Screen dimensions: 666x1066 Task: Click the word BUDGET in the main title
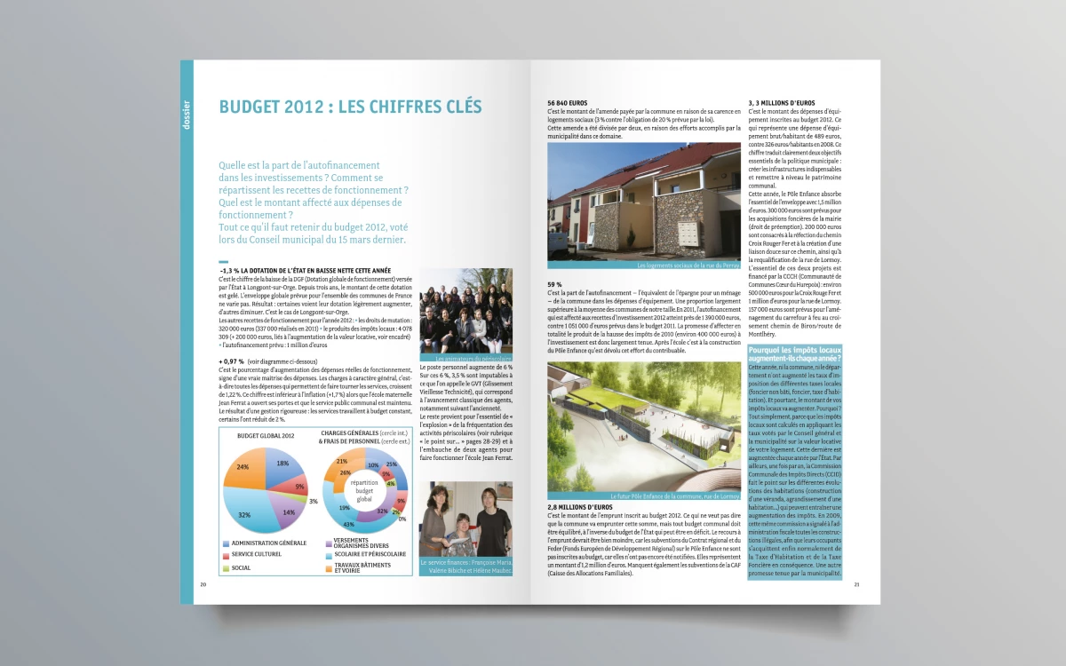251,107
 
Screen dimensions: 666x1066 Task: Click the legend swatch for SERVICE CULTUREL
225,555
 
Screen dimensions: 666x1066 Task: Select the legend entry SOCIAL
243,567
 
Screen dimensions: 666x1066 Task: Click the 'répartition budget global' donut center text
364,489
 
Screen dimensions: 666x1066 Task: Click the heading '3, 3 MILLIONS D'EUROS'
788,103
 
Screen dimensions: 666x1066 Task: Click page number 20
203,584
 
